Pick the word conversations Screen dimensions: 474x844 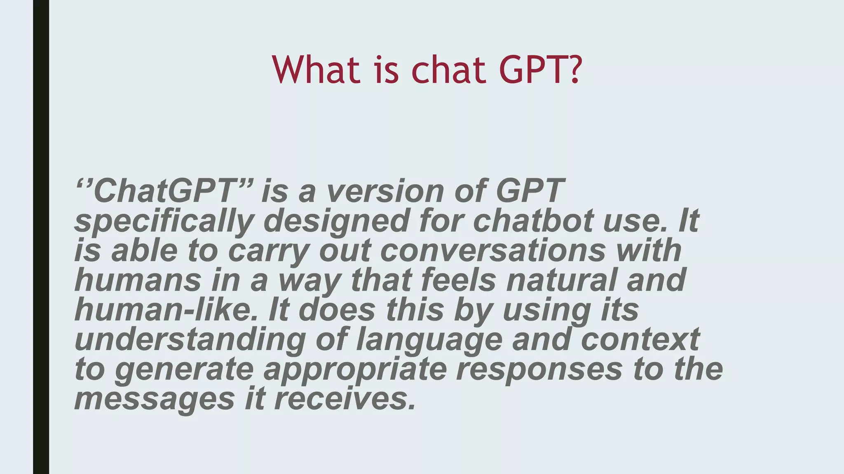pyautogui.click(x=492, y=250)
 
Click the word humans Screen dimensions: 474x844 pyautogui.click(x=138, y=280)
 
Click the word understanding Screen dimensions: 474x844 pyautogui.click(x=190, y=339)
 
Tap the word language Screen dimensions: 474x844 pyautogui.click(x=429, y=340)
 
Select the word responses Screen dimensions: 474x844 pyautogui.click(x=539, y=369)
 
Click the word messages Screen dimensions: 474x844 pyautogui.click(x=155, y=399)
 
